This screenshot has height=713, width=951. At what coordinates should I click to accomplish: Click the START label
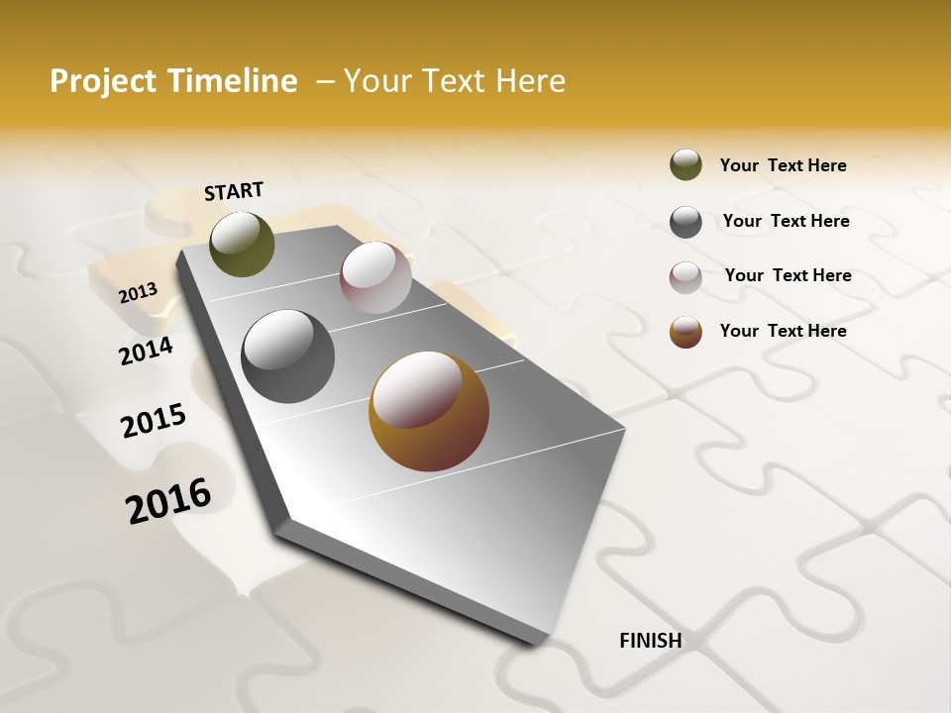pyautogui.click(x=234, y=191)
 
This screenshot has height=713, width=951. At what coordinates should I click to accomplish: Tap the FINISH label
pyautogui.click(x=651, y=641)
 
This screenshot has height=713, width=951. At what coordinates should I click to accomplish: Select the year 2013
pyautogui.click(x=139, y=293)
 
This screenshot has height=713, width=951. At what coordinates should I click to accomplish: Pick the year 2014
pyautogui.click(x=147, y=351)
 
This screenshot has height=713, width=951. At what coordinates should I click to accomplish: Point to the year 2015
pyautogui.click(x=154, y=421)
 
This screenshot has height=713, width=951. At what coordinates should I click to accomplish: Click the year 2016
pyautogui.click(x=169, y=501)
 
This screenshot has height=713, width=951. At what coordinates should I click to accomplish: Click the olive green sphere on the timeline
pyautogui.click(x=242, y=244)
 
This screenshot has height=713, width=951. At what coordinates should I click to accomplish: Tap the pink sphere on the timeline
pyautogui.click(x=375, y=277)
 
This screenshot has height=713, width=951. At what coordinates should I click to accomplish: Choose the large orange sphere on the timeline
pyautogui.click(x=429, y=411)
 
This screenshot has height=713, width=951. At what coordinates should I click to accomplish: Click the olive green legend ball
pyautogui.click(x=686, y=164)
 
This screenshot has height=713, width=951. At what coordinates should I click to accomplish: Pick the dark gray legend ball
pyautogui.click(x=686, y=222)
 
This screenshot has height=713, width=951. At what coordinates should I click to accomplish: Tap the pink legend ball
pyautogui.click(x=686, y=277)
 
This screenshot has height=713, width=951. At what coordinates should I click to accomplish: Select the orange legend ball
pyautogui.click(x=686, y=332)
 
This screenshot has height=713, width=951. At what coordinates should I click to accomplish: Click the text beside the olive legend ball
pyautogui.click(x=783, y=165)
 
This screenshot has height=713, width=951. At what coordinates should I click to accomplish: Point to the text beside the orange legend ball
pyautogui.click(x=783, y=331)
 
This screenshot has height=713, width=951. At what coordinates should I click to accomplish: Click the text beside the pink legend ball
pyautogui.click(x=788, y=275)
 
